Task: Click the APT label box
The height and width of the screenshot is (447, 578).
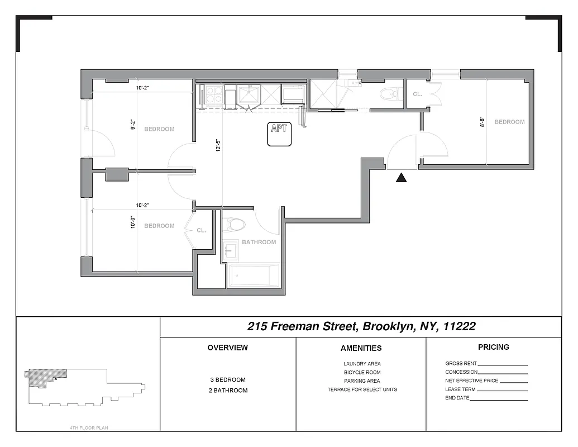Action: click(x=279, y=135)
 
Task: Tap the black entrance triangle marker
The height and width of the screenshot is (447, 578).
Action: click(x=401, y=178)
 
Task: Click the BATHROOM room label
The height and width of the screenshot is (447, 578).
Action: click(x=259, y=242)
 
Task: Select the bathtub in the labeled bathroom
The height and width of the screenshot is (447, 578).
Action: click(x=254, y=276)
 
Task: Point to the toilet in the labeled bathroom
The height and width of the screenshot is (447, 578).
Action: click(x=235, y=225)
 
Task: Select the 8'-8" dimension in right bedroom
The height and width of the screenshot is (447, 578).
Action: click(x=481, y=122)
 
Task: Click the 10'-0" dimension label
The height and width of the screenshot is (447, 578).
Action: click(x=132, y=222)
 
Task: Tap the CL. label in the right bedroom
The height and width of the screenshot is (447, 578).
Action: click(x=418, y=94)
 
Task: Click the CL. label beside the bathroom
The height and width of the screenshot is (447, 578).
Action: click(x=202, y=230)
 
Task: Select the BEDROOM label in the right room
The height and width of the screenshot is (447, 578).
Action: click(x=509, y=122)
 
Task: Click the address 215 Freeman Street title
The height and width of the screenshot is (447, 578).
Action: click(x=361, y=326)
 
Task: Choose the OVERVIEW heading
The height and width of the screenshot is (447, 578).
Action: click(x=227, y=348)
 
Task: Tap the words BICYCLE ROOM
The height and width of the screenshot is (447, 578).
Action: click(x=362, y=372)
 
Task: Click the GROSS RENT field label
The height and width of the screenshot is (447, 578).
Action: click(x=461, y=363)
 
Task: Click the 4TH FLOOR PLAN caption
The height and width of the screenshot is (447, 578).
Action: click(x=88, y=429)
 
